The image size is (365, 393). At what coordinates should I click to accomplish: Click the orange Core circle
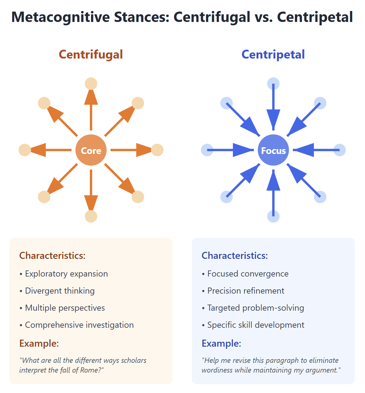tap(91, 150)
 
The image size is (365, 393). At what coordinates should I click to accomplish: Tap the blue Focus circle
tap(273, 150)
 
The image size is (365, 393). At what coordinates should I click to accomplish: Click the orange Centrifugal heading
tap(91, 55)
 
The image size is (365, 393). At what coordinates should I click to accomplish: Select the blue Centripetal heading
tap(273, 55)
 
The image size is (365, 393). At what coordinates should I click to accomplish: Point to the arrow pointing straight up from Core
tap(91, 107)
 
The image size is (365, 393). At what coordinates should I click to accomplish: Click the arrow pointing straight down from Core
tap(91, 192)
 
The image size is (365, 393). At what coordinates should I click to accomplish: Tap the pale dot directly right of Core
tap(157, 150)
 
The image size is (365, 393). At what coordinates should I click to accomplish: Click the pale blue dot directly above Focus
tap(273, 84)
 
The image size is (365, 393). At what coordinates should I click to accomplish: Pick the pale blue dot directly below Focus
tap(273, 216)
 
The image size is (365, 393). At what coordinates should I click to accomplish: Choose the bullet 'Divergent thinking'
tap(60, 291)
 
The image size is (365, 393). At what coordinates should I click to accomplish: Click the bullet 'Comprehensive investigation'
tap(79, 325)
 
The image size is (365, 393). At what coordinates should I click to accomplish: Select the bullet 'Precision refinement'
tap(246, 291)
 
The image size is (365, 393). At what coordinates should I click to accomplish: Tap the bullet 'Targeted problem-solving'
tap(255, 308)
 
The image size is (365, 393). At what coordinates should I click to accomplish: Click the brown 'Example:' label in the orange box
tap(39, 343)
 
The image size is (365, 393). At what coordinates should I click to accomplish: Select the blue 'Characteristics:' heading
tap(235, 255)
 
